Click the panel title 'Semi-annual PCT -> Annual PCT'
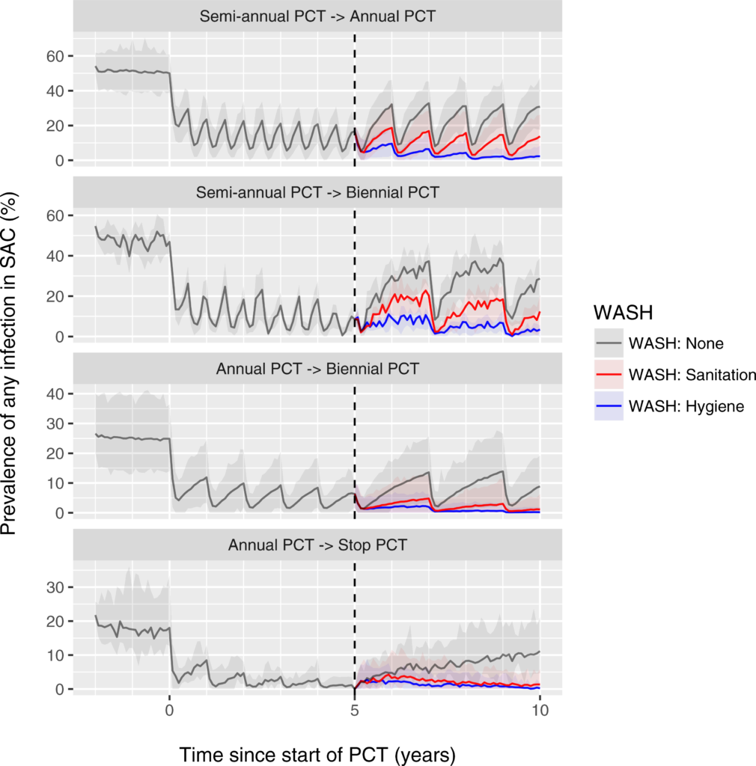[317, 16]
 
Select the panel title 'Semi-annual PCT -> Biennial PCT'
[317, 192]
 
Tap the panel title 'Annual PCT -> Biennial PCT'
[317, 368]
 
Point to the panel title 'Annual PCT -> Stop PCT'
[317, 545]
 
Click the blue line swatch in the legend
[609, 406]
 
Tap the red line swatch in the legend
[609, 375]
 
